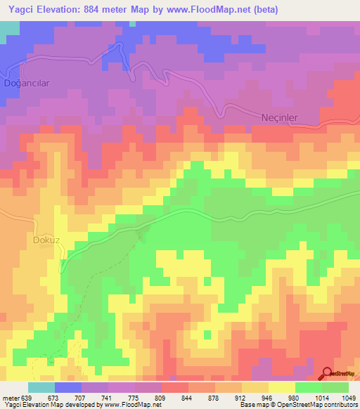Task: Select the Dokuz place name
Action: click(x=47, y=240)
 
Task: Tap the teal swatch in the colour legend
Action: click(x=41, y=387)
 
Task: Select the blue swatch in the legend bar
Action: click(x=68, y=387)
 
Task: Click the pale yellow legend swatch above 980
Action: click(x=282, y=387)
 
